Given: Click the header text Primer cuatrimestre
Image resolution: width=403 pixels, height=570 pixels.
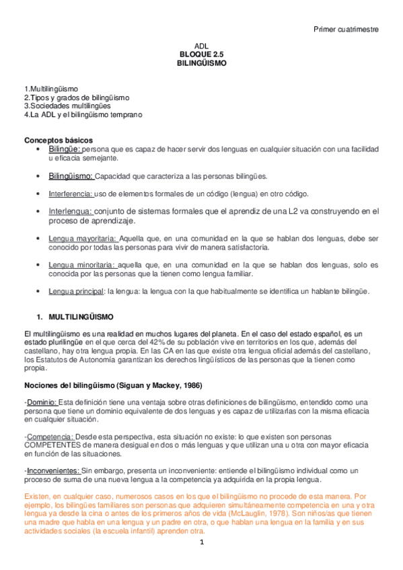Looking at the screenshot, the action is click(x=347, y=30).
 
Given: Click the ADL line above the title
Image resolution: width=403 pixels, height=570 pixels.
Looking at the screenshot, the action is click(x=202, y=46).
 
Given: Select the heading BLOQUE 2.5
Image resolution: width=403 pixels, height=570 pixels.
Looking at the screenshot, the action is click(x=202, y=54).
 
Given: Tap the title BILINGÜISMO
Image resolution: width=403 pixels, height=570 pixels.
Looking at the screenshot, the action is click(x=202, y=63).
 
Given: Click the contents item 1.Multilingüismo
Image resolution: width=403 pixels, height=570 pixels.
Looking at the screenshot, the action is click(x=51, y=89).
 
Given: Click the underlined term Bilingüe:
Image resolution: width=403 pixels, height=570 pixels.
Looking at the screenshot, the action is click(x=65, y=149).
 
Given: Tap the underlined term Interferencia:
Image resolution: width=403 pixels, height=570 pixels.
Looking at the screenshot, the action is click(x=71, y=194).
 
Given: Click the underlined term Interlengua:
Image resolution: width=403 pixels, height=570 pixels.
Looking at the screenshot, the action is click(x=70, y=211).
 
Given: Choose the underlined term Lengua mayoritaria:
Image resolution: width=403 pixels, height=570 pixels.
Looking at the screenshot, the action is click(x=82, y=238).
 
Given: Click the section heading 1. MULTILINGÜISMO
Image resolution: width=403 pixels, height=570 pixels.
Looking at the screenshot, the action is click(x=75, y=316).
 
